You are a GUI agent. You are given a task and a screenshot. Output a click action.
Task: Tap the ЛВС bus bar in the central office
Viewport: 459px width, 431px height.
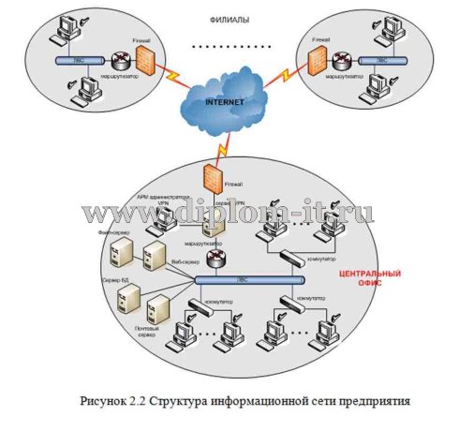click(247, 279)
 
